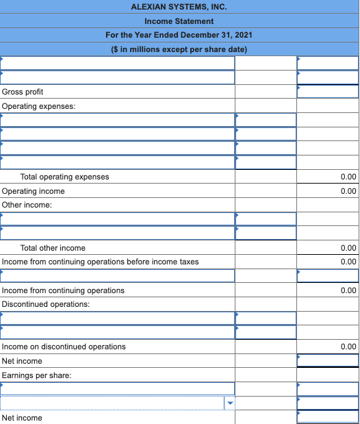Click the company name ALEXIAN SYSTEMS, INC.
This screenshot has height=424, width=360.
pos(179,7)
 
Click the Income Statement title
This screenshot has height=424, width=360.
pos(179,21)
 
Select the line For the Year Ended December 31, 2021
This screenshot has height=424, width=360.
pos(179,35)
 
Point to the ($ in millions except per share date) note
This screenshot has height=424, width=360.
pos(179,49)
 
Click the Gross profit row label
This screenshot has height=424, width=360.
pos(23,92)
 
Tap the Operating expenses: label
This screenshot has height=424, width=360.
pos(39,106)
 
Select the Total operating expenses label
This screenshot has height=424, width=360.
pos(64,177)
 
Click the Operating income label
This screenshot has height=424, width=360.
pos(34,191)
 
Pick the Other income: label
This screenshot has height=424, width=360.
pos(27,205)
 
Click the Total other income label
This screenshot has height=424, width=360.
pos(53,248)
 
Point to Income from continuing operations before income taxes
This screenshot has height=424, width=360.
pos(101,262)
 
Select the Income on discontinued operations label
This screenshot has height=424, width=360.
pos(64,347)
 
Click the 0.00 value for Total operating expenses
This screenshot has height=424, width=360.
pos(348,177)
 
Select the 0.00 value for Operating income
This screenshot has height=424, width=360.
pos(348,191)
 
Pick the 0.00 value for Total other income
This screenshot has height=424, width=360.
pos(348,248)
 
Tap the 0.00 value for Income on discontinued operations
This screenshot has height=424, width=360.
pos(348,347)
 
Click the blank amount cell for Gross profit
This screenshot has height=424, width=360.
pos(327,92)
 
